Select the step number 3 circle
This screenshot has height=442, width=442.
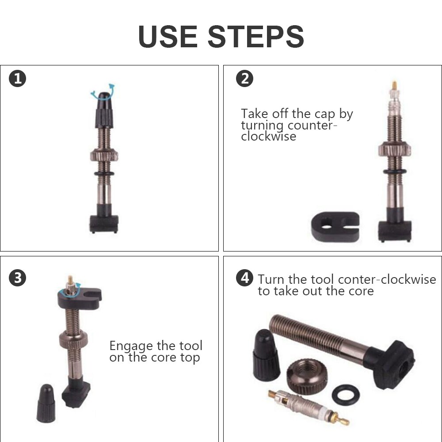pyautogui.click(x=18, y=278)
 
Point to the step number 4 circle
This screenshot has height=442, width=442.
pyautogui.click(x=244, y=278)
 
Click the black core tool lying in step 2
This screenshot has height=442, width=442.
pyautogui.click(x=335, y=226)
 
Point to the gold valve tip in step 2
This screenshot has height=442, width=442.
pyautogui.click(x=394, y=84)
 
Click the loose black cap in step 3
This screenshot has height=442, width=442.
pyautogui.click(x=46, y=403)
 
